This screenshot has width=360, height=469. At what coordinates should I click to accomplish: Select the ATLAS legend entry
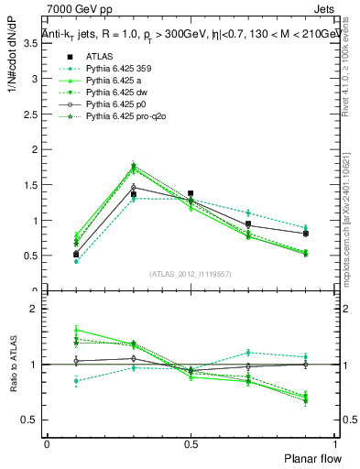(x=98, y=57)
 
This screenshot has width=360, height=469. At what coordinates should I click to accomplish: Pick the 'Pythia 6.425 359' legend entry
(x=114, y=69)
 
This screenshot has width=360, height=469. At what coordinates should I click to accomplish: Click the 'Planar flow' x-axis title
(x=312, y=457)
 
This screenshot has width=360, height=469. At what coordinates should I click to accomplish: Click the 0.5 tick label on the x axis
(x=191, y=442)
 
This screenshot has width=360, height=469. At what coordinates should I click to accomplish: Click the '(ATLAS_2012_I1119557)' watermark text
(x=191, y=274)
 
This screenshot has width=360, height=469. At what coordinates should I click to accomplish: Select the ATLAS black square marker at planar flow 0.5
(x=191, y=194)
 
